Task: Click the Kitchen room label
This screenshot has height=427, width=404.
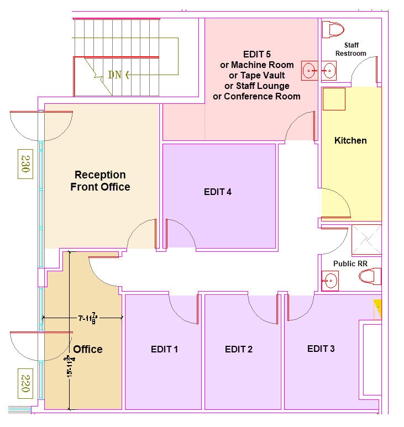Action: (350, 140)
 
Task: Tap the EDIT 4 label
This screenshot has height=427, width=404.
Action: (217, 192)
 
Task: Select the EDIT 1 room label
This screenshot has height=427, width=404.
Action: (165, 349)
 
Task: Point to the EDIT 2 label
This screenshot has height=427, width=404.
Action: (239, 349)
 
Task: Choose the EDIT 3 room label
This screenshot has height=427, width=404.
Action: (321, 349)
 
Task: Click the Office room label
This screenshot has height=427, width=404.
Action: (88, 349)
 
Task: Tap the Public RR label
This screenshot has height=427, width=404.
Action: (350, 263)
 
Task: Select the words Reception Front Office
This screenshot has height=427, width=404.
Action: (100, 181)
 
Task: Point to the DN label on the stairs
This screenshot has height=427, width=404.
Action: (114, 75)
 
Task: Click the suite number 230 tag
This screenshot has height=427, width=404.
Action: (25, 164)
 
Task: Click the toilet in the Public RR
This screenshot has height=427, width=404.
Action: (370, 275)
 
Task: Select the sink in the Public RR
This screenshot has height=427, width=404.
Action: (330, 280)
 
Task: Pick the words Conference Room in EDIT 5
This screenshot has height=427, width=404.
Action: (267, 96)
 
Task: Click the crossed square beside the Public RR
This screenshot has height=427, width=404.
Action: (366, 239)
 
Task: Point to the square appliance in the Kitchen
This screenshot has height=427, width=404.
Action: (334, 99)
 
